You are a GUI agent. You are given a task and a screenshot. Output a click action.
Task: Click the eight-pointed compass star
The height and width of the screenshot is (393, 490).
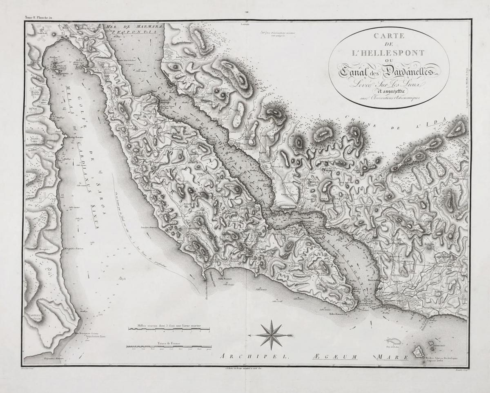[272, 335]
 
